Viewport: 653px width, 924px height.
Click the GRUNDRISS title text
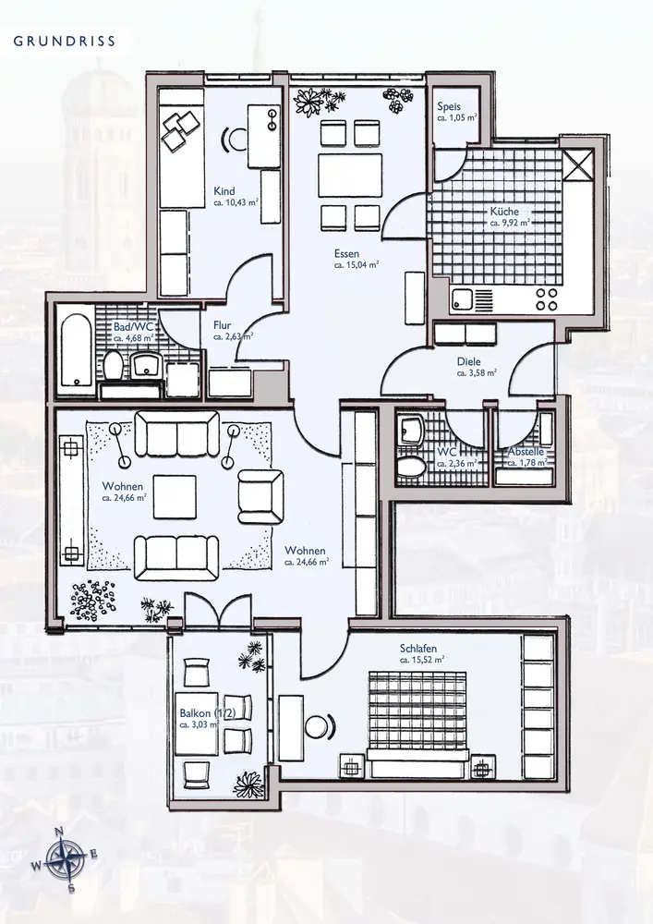click(64, 42)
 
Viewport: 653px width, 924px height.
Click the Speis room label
click(449, 106)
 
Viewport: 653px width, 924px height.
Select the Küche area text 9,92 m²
click(510, 224)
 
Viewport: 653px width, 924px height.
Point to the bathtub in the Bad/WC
click(77, 350)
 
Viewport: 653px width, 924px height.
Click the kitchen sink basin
click(462, 301)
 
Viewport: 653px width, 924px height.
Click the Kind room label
click(224, 191)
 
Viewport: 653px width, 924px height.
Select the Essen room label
click(346, 254)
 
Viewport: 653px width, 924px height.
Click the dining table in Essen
click(350, 175)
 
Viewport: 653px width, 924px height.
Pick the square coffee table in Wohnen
click(175, 497)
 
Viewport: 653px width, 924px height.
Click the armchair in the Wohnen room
click(260, 496)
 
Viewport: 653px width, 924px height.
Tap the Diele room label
click(468, 362)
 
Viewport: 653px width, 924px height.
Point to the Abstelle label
click(526, 452)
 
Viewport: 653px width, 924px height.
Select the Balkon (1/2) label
click(207, 713)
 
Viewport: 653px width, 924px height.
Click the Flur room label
click(222, 325)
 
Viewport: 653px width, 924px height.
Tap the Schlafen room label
click(418, 649)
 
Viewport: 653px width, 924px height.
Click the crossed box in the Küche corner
click(577, 165)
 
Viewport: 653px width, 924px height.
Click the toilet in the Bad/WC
click(113, 366)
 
